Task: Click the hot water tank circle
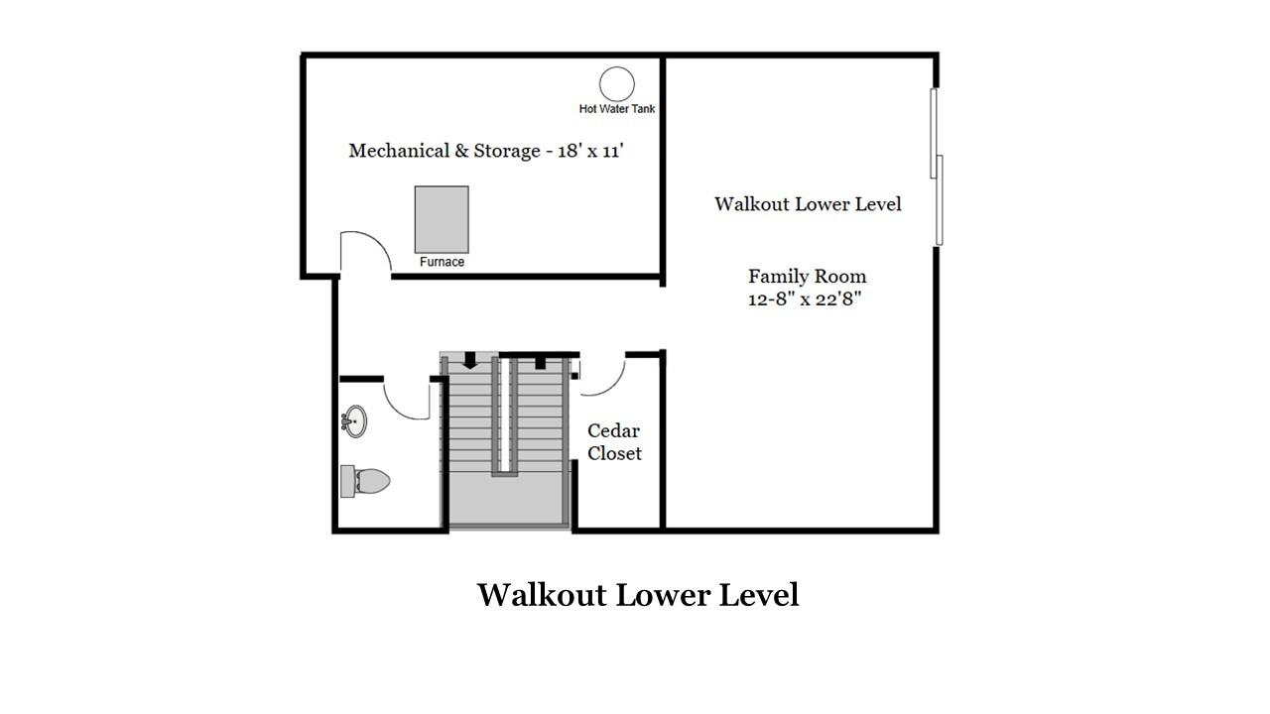617,83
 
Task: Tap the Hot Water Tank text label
617,109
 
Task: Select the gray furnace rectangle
442,219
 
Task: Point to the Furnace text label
442,262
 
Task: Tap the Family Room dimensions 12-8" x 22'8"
805,298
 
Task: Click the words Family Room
807,276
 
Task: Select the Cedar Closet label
614,442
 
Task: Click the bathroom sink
354,421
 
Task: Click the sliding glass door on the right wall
936,167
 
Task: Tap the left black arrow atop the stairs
470,361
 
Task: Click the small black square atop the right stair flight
540,363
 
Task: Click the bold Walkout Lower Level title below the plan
638,595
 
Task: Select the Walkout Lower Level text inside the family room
808,204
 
